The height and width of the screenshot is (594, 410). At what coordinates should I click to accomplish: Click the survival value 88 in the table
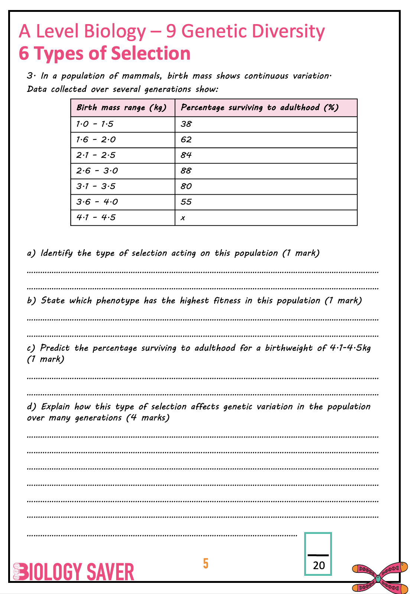(186, 171)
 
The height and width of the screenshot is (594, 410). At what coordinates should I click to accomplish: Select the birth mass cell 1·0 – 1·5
(95, 124)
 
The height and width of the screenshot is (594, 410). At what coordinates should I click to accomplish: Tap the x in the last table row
(183, 218)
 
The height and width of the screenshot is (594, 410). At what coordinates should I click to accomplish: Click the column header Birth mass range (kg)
(121, 108)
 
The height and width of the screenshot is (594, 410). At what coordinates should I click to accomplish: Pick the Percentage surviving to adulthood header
(260, 108)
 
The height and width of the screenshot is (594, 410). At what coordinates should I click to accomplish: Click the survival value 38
(186, 124)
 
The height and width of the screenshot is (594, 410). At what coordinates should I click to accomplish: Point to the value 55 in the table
(186, 202)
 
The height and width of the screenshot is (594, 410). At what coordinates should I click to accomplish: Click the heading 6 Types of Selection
(104, 53)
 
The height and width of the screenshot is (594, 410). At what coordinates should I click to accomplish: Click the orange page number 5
(206, 564)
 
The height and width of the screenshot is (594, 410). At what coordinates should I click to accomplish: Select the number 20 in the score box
(319, 565)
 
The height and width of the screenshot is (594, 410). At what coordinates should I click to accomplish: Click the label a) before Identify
(31, 253)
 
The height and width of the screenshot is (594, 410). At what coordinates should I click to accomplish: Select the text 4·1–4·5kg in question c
(350, 348)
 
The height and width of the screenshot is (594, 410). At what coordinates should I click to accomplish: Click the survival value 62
(186, 140)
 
